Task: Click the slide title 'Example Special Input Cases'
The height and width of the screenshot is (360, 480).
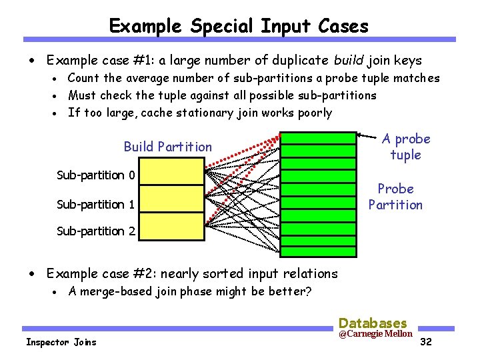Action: [239, 26]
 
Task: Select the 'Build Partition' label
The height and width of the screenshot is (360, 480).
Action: [168, 147]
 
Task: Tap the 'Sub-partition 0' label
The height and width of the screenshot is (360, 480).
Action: [96, 175]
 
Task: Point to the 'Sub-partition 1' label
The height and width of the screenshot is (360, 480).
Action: [96, 204]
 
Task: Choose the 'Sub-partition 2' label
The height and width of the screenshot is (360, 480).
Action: [96, 231]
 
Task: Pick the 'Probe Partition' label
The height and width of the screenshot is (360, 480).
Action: [395, 197]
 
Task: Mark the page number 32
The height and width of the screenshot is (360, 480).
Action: [427, 343]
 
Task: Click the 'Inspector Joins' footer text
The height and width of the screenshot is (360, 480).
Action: [61, 342]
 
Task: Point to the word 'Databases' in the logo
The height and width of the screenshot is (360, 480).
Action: [373, 323]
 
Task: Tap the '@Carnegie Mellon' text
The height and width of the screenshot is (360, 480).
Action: [375, 333]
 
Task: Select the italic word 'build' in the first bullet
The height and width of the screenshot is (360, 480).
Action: [346, 61]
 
